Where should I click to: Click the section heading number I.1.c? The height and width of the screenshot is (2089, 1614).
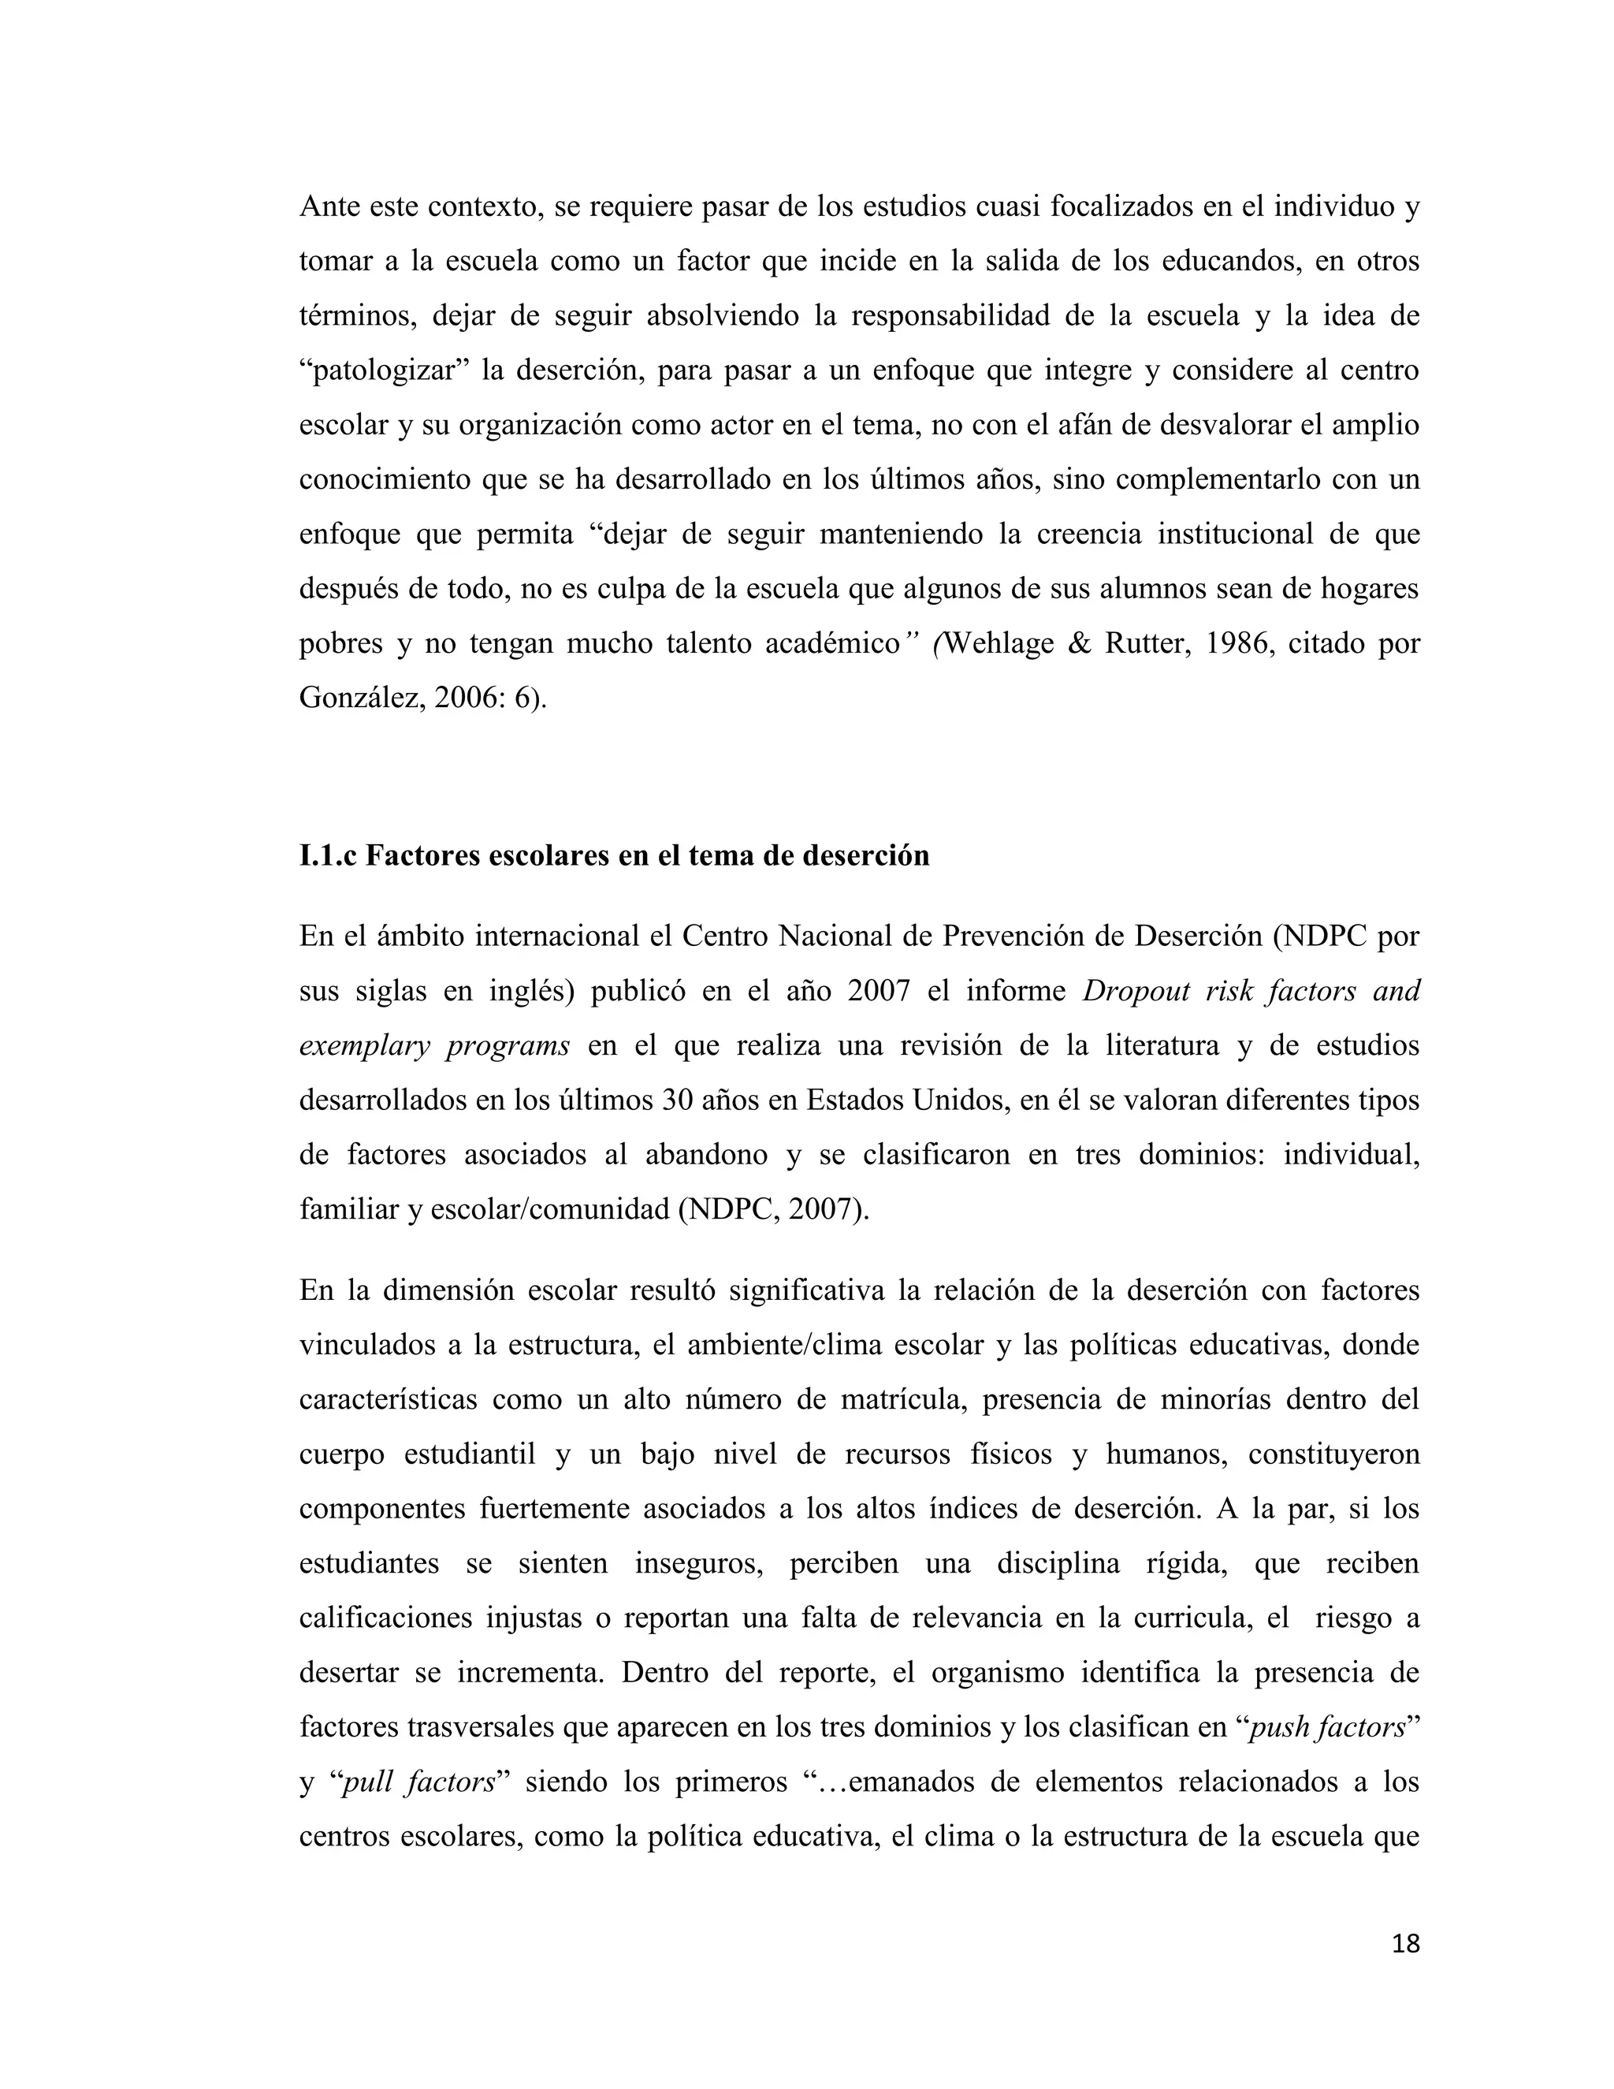pos(327,855)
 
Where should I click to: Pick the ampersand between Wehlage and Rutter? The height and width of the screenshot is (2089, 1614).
pos(1079,642)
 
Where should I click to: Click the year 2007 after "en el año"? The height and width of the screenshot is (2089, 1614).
pos(878,990)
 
